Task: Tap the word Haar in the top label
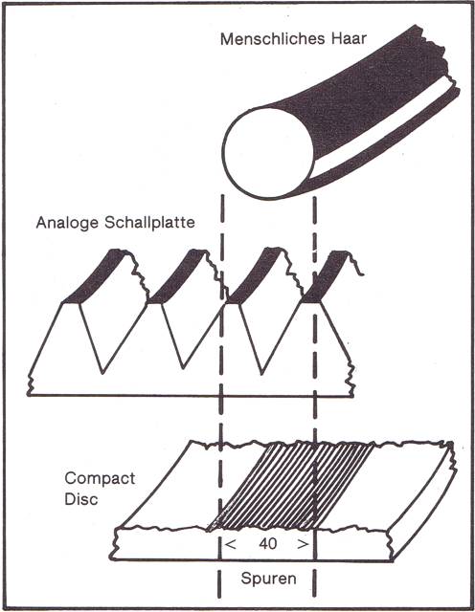pos(350,38)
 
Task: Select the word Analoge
pos(67,223)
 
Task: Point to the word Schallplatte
pos(149,222)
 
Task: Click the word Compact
pos(100,478)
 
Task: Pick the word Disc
pos(81,499)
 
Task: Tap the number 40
pos(268,544)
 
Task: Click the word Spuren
pos(268,578)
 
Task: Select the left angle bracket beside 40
pos(231,544)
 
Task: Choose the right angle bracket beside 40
pos(303,544)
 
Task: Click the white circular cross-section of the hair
pos(268,153)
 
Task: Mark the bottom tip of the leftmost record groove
pos(102,374)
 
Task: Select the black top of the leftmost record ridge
pos(96,277)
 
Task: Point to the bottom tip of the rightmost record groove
pos(261,374)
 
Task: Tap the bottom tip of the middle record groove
pos(183,368)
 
